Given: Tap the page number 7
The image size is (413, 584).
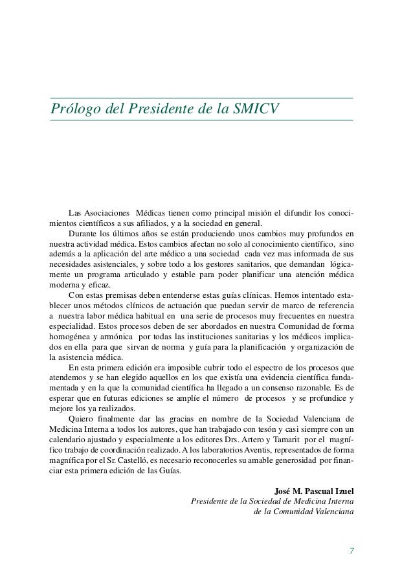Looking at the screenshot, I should (351, 551).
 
